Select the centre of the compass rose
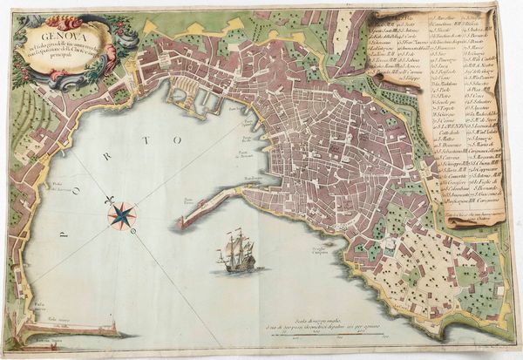(x=123, y=214)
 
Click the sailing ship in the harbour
(x=238, y=252)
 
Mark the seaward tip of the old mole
(x=184, y=222)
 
